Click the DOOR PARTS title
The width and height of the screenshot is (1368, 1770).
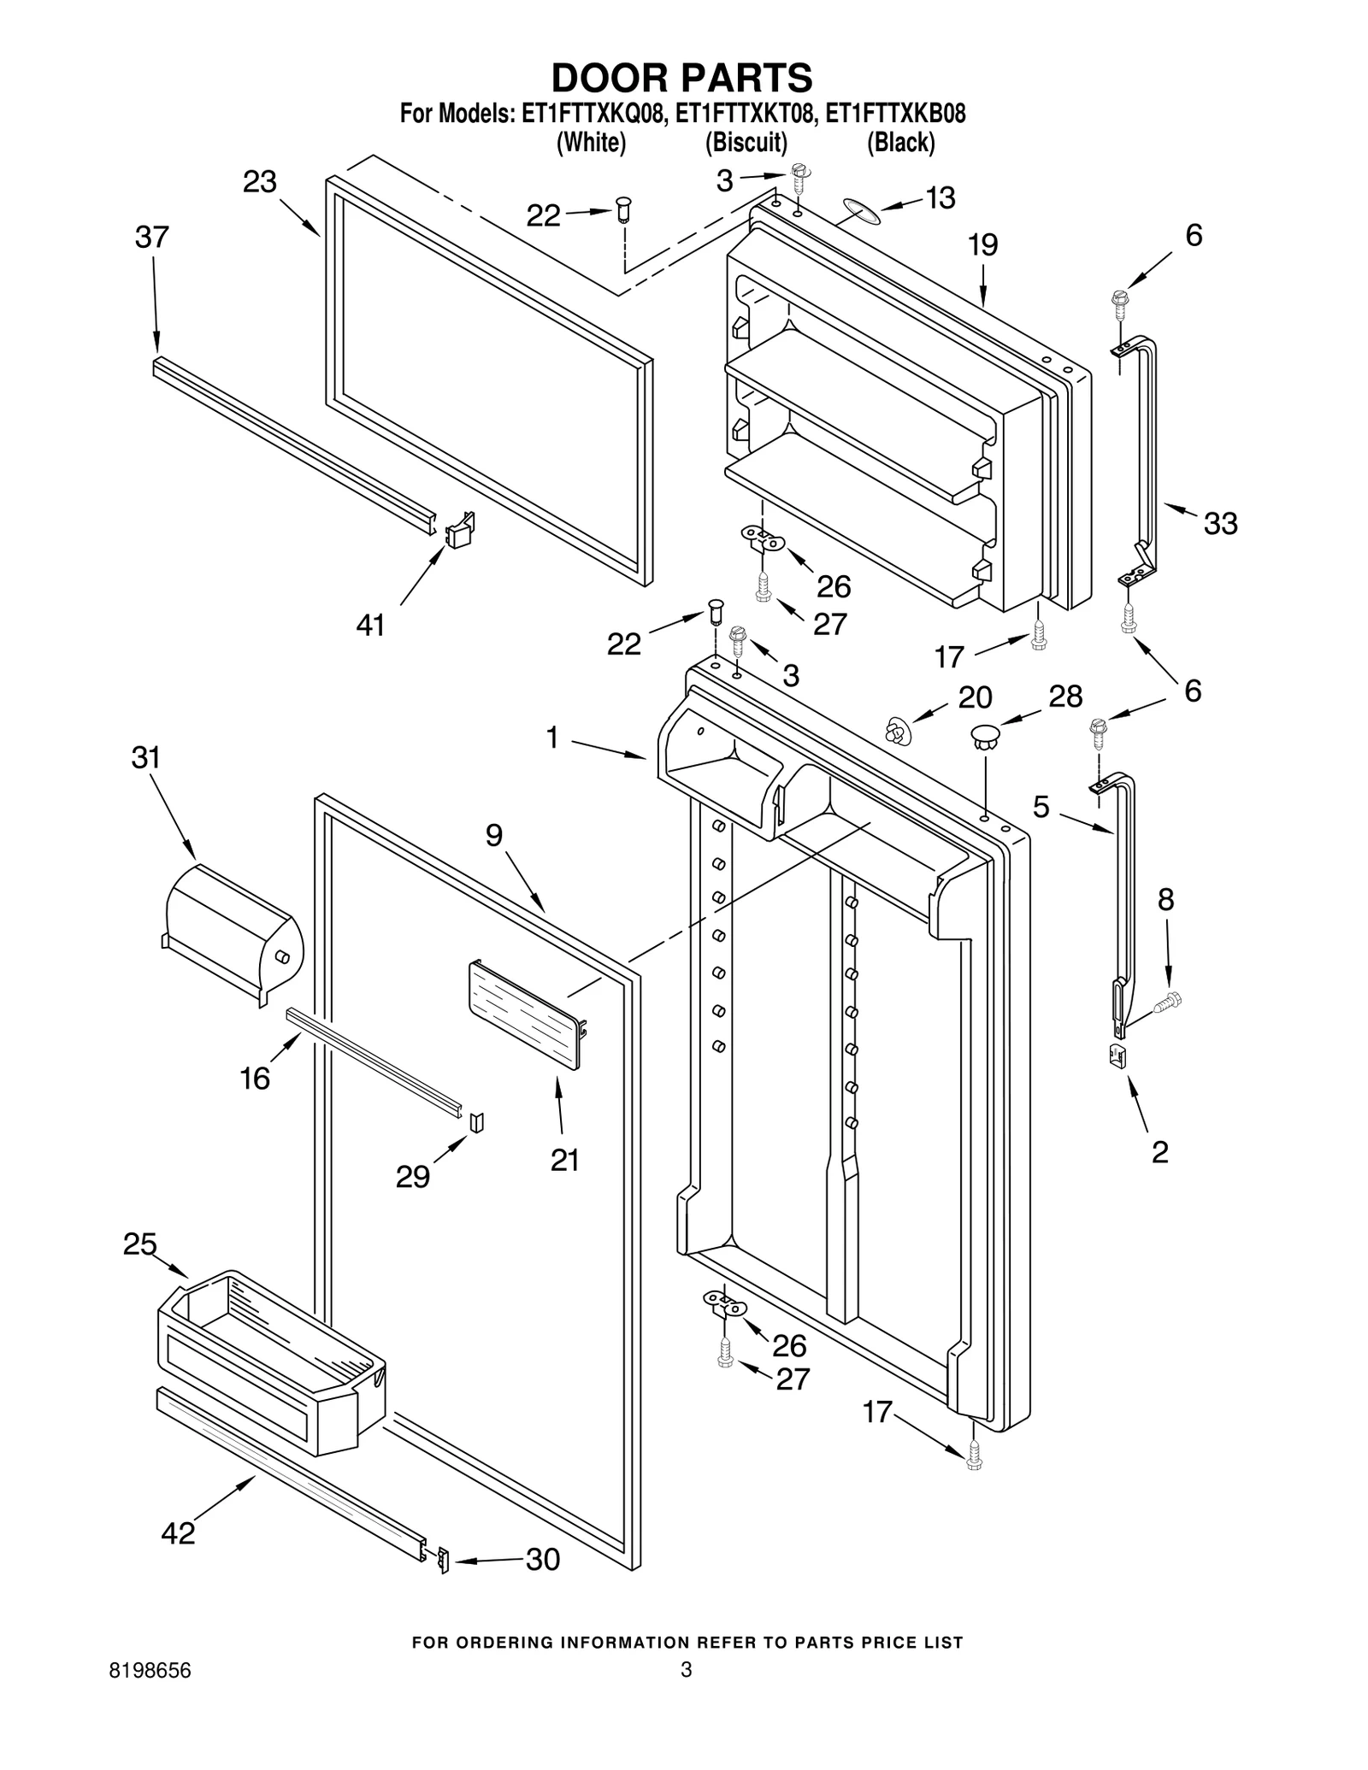[681, 78]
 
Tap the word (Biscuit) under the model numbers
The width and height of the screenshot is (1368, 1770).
[746, 142]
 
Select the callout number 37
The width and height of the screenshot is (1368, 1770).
[151, 237]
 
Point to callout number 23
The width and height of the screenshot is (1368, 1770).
[259, 182]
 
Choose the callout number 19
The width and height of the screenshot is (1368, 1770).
[982, 245]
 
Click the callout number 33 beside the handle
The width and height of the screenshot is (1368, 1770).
[1220, 522]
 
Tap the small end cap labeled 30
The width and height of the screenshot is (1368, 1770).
[442, 1560]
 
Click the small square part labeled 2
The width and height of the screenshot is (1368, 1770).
[1117, 1056]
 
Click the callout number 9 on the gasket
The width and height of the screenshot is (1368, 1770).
[494, 835]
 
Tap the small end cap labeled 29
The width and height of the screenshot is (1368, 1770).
[477, 1120]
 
